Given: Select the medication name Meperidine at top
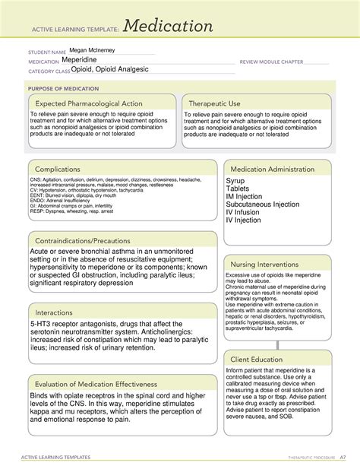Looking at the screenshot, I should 85,60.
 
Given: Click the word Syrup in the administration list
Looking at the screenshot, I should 235,181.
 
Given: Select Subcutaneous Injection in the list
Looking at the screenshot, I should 263,203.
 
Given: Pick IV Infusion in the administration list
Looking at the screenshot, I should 243,214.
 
